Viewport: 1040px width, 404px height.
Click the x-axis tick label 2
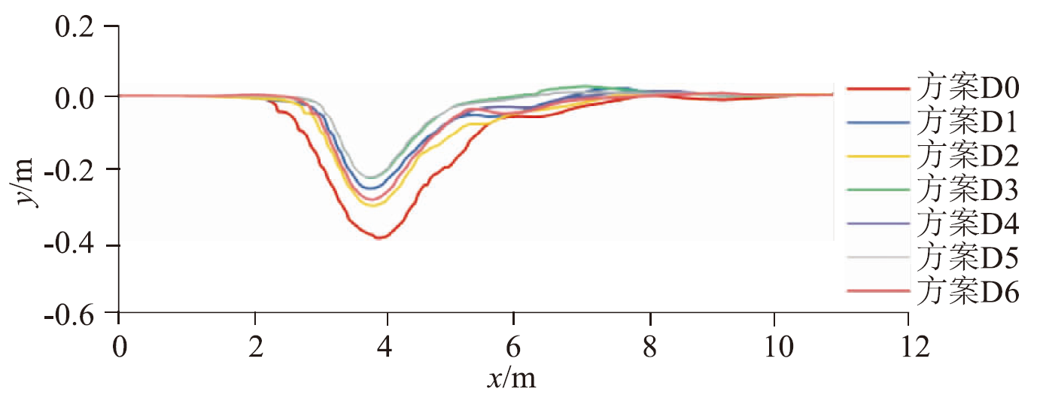point(255,347)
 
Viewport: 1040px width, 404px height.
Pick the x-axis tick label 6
point(514,347)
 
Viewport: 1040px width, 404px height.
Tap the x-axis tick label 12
point(908,347)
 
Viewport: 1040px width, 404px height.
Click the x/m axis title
point(512,378)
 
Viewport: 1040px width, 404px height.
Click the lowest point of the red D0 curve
point(380,238)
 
